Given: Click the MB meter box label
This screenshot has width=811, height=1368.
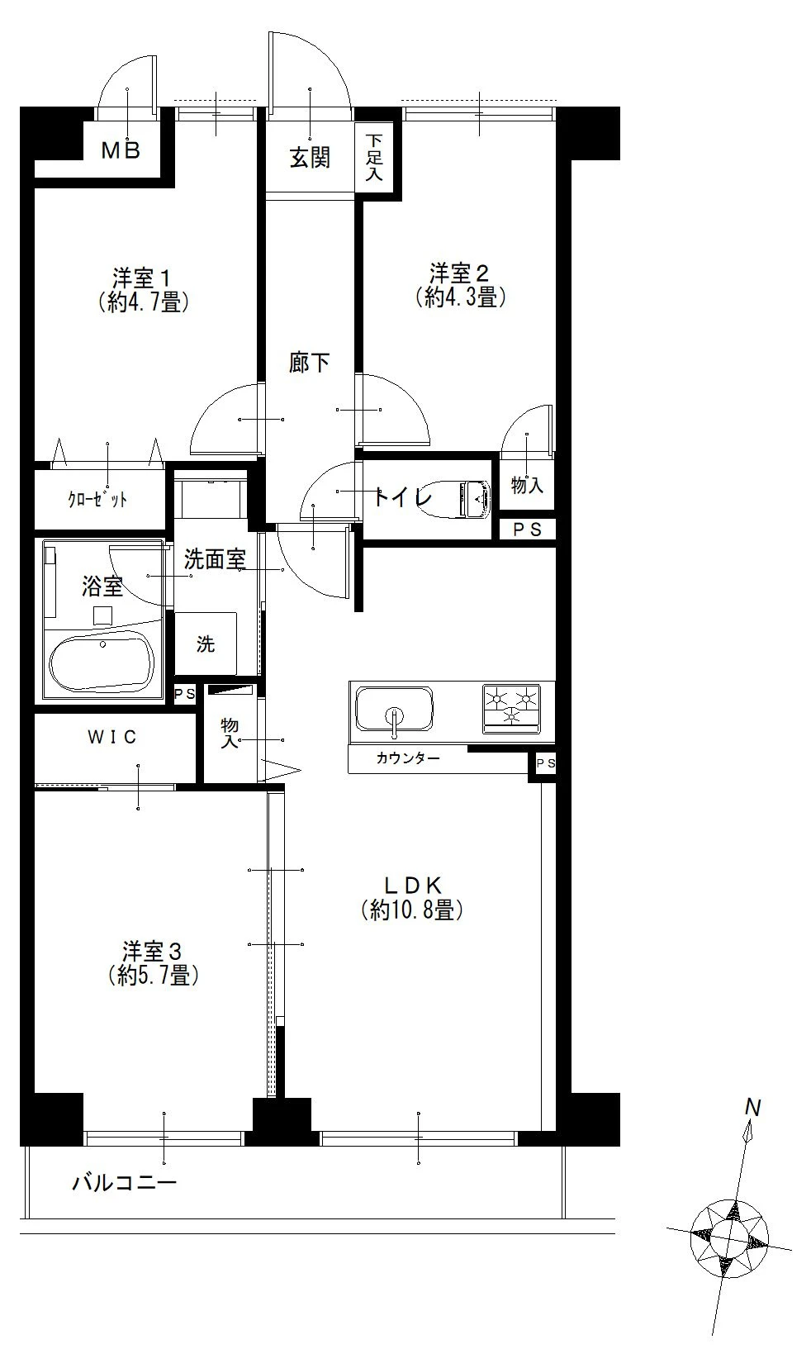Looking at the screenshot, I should (x=121, y=150).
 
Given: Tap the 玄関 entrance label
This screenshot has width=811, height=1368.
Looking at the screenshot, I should (x=310, y=157).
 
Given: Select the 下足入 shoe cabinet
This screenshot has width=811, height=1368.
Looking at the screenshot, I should (x=375, y=157).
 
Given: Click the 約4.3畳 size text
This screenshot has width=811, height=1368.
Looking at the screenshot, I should (x=460, y=297).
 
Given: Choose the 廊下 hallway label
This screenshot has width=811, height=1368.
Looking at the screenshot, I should (x=310, y=362).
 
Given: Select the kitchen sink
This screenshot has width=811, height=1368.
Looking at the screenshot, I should (x=394, y=710).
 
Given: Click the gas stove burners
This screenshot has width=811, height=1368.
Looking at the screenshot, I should (x=511, y=708).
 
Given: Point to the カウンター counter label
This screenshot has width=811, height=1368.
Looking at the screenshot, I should (x=408, y=758).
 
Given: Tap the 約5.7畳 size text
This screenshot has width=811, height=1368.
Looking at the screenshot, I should (x=153, y=976).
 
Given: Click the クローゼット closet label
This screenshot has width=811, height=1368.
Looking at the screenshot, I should (x=97, y=500).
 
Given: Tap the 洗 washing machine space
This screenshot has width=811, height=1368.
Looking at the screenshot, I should (x=206, y=644).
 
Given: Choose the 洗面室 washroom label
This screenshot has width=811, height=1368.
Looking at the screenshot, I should (x=215, y=559).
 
